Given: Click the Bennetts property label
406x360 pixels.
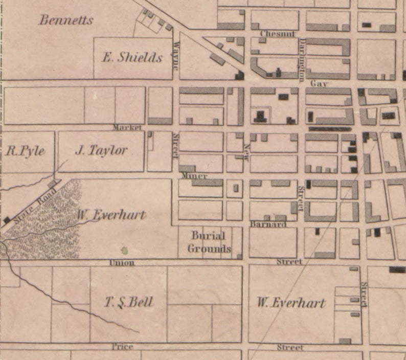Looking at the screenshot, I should (66, 20).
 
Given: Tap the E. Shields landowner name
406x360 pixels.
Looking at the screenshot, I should (132, 57).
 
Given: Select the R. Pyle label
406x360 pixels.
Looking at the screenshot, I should (25, 151).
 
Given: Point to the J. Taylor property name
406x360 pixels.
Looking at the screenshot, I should (101, 150).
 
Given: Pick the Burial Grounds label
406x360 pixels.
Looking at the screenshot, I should (209, 242).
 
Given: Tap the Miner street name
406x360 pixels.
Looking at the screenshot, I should (194, 176).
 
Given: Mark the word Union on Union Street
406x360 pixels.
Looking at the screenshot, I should (122, 263).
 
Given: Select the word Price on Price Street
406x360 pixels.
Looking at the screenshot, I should (122, 347).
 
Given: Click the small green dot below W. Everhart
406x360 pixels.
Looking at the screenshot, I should (124, 251).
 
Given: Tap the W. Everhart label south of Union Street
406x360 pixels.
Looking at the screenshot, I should (291, 302).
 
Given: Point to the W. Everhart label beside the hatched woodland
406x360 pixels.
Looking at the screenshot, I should (111, 215).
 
